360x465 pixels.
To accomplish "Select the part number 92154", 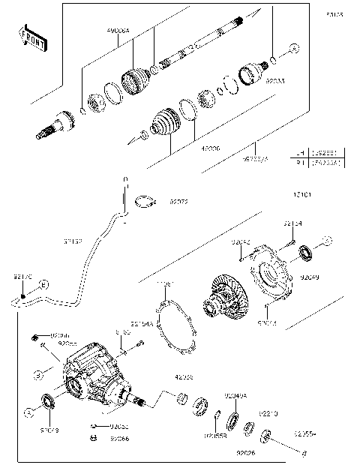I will [x=292, y=223].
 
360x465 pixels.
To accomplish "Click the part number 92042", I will [x=241, y=242].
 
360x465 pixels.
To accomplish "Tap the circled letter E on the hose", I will [x=43, y=285].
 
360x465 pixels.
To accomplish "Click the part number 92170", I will [x=22, y=277].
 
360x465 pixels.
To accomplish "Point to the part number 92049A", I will [x=235, y=396].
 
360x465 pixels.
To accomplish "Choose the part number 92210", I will [x=269, y=413].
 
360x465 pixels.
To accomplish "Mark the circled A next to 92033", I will [x=294, y=48].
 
